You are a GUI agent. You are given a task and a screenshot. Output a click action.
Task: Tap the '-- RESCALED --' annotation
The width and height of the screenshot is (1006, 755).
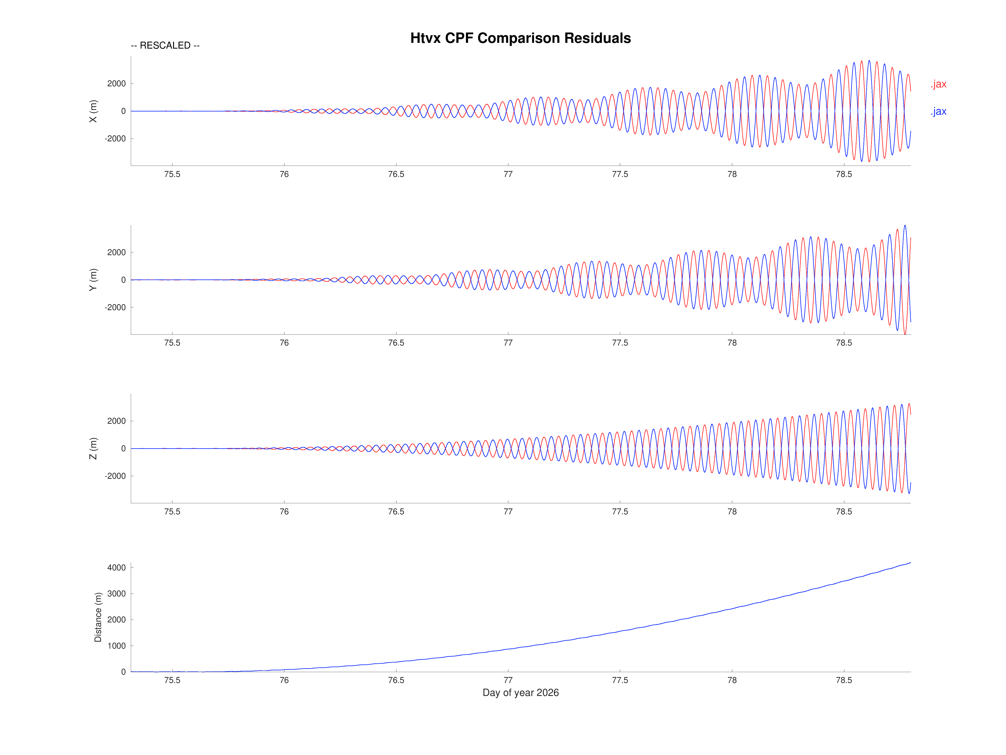(x=165, y=46)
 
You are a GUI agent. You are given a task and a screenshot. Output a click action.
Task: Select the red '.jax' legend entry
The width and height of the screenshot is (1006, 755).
(x=938, y=84)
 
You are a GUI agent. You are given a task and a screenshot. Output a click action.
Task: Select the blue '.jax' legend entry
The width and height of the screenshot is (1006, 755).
(x=938, y=111)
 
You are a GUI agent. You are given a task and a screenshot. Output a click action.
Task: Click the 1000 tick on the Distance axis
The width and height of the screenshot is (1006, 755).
(x=116, y=646)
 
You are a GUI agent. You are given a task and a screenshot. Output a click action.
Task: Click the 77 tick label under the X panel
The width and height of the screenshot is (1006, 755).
(x=508, y=174)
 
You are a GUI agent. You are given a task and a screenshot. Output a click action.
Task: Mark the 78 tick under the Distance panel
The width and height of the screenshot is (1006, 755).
(x=732, y=680)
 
